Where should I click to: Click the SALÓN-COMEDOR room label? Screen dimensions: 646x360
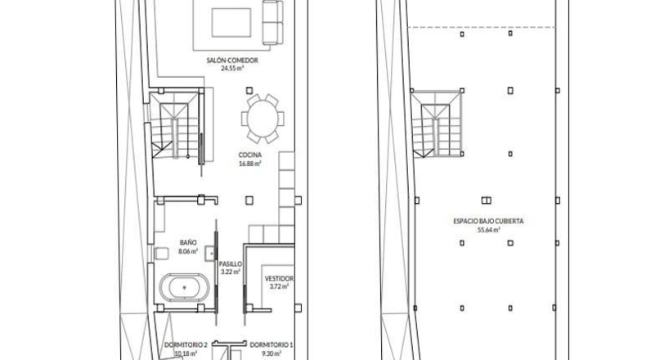(x=232, y=61)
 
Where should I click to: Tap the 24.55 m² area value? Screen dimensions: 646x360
(x=232, y=69)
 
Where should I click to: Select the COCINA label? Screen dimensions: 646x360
(x=249, y=155)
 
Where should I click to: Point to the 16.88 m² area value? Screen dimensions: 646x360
(x=249, y=164)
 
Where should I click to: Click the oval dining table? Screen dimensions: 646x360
(x=262, y=119)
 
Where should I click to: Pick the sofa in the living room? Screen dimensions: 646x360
(x=273, y=22)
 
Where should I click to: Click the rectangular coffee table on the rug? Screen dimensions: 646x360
(x=231, y=22)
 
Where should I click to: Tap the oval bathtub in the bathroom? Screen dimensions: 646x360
(x=184, y=287)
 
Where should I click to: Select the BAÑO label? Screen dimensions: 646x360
(x=188, y=242)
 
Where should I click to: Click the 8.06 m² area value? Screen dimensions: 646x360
(x=188, y=250)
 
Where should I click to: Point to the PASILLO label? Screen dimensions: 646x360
(x=231, y=264)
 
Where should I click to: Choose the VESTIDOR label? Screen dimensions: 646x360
(x=279, y=279)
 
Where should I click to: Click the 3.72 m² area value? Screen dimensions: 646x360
(x=279, y=286)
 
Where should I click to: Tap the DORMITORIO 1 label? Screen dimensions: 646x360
(x=271, y=344)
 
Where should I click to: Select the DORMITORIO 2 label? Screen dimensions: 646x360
(x=186, y=344)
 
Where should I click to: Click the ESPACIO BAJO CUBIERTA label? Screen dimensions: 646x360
(x=488, y=221)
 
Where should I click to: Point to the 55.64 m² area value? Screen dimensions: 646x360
(x=489, y=230)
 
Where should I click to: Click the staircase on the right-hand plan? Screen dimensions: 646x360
(x=437, y=124)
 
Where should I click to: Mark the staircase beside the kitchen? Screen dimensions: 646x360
(x=175, y=125)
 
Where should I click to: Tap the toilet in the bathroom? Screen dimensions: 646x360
(x=162, y=253)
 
